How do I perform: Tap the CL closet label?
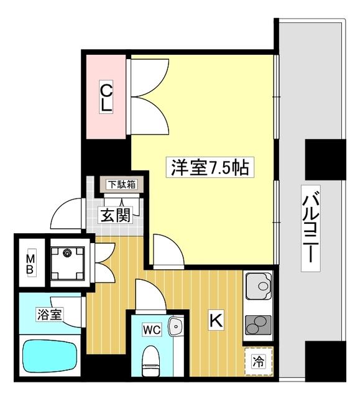coord(107,98)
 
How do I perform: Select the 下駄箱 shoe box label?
coord(121,184)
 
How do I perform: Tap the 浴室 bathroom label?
coord(48,314)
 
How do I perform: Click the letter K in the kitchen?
coord(216,320)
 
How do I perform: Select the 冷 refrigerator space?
coord(257,361)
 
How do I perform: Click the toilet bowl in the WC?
coord(151,363)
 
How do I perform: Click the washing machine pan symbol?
coord(68,262)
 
